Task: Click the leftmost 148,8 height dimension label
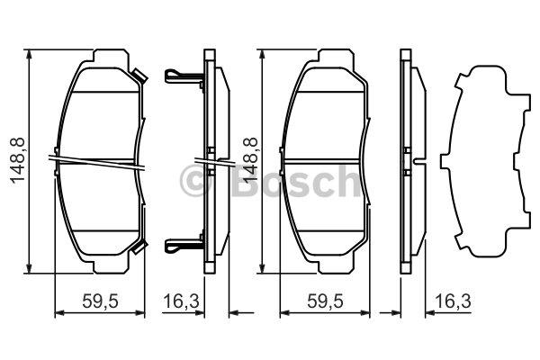click(x=18, y=160)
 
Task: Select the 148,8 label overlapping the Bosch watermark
click(x=250, y=160)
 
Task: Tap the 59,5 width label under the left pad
click(x=100, y=301)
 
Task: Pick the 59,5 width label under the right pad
click(x=325, y=301)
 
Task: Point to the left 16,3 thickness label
click(x=181, y=301)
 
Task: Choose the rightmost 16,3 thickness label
click(x=453, y=301)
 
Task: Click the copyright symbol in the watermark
click(x=195, y=181)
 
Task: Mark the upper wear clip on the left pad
click(x=139, y=76)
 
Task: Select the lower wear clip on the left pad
click(x=139, y=247)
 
